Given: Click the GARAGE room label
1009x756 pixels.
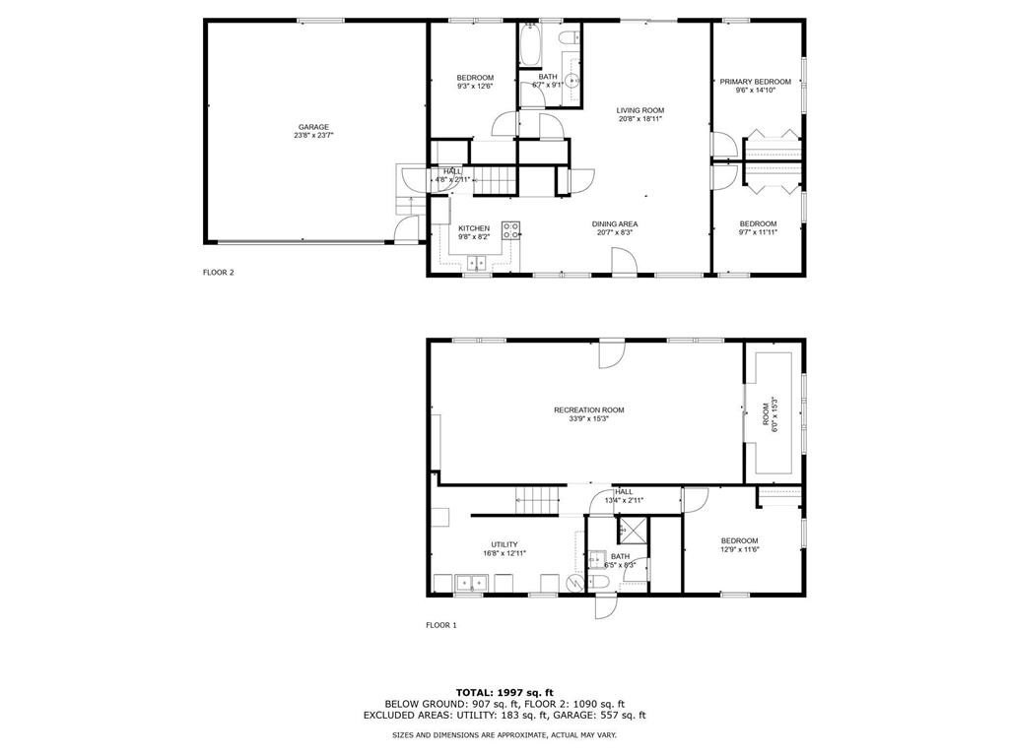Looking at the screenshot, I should click(314, 126).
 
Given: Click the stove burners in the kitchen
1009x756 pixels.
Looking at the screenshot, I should click(510, 231).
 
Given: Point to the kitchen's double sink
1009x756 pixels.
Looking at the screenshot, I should click(477, 262).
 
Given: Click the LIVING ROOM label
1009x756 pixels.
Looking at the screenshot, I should click(640, 110).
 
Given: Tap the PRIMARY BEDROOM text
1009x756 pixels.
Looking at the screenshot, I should click(755, 82).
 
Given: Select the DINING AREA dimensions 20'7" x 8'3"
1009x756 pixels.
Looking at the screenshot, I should click(615, 233).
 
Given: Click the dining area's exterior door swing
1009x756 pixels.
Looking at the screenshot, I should click(621, 259).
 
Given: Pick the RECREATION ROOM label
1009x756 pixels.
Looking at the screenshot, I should click(588, 410).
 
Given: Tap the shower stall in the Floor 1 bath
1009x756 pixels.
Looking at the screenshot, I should click(633, 533).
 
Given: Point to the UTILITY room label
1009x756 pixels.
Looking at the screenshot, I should click(504, 544).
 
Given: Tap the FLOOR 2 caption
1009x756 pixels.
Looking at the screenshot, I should click(218, 273).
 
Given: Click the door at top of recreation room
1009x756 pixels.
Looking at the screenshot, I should click(611, 352).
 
